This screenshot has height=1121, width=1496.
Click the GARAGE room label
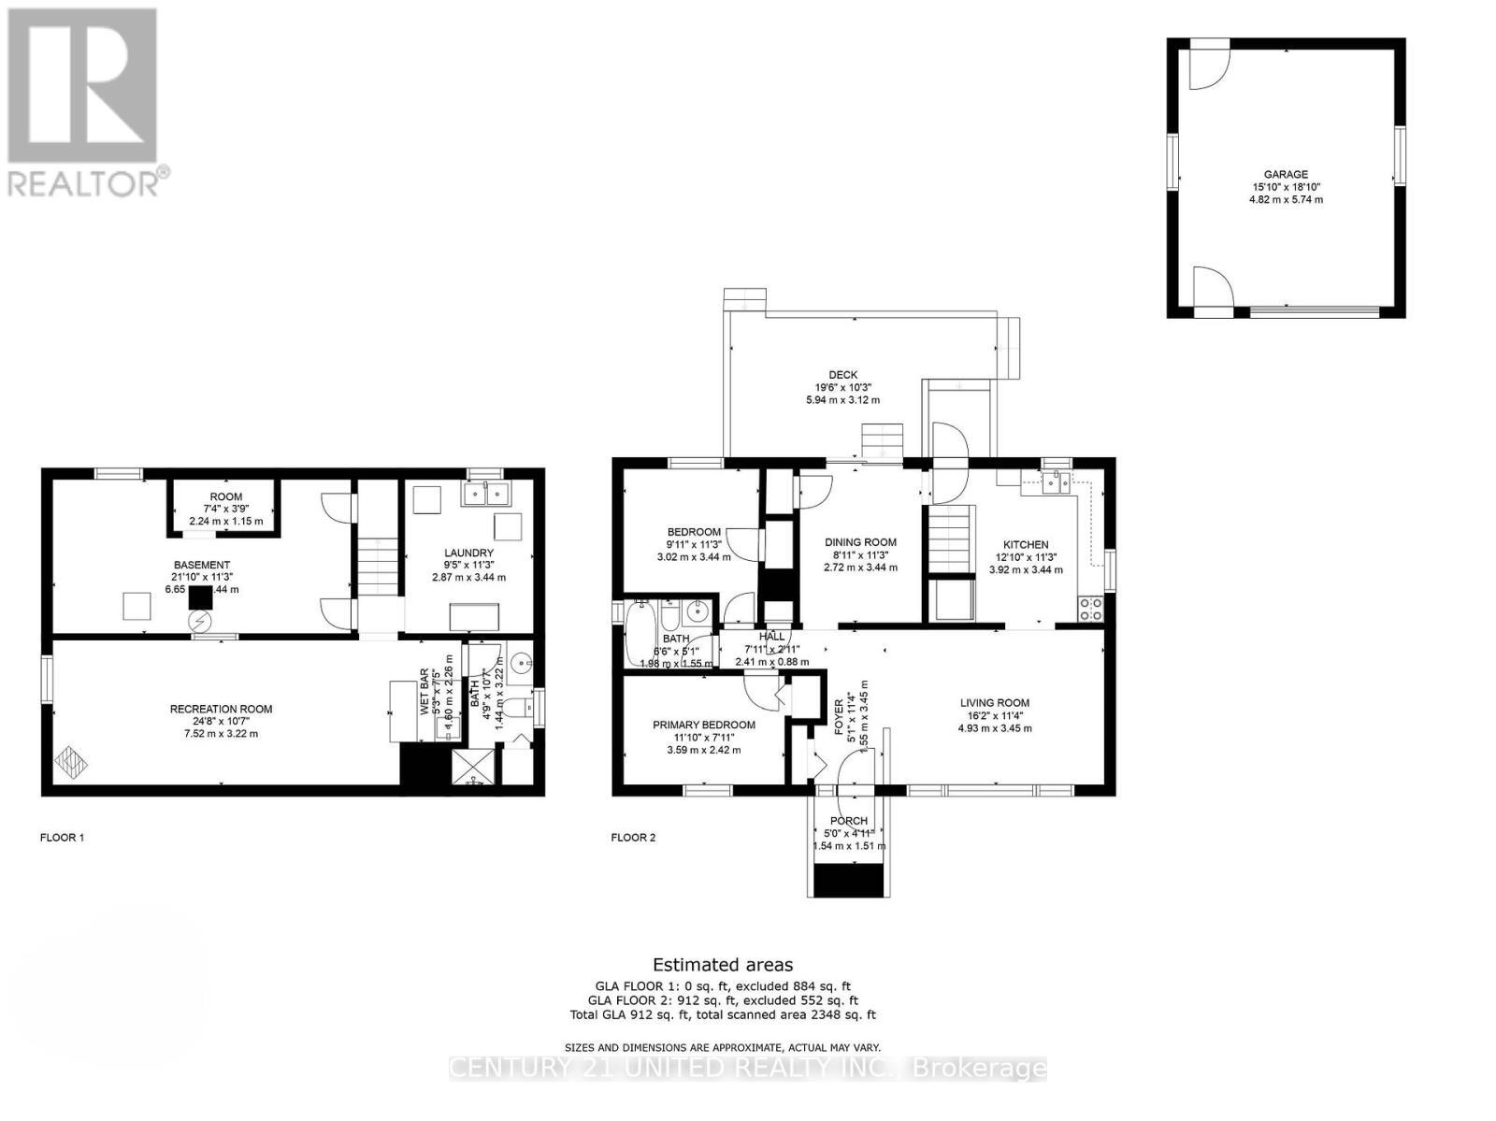click(1286, 174)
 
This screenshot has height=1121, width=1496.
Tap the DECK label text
click(842, 375)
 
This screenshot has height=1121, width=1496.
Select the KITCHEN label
click(1026, 544)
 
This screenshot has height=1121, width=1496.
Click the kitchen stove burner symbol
click(1090, 610)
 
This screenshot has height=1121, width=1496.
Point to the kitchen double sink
click(1057, 483)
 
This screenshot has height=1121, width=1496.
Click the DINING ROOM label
click(860, 542)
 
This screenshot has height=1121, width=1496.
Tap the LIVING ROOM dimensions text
click(995, 728)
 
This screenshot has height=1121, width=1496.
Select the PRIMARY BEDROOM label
click(703, 725)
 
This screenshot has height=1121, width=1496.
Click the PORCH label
click(848, 821)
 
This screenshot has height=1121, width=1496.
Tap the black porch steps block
click(849, 880)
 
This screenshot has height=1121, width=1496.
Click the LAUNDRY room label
click(468, 553)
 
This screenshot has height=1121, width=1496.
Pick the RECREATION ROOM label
click(221, 709)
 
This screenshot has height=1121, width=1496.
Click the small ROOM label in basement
click(225, 496)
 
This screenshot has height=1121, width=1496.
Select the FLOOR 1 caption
click(62, 838)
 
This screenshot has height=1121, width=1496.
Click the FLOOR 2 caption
click(633, 838)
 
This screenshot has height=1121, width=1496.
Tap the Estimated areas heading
click(722, 965)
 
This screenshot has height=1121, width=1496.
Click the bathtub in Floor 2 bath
click(640, 633)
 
